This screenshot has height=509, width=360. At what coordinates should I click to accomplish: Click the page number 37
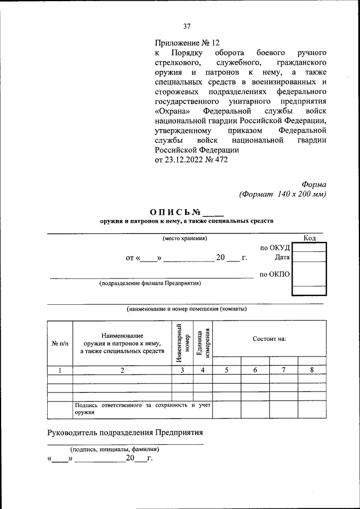pyautogui.click(x=187, y=26)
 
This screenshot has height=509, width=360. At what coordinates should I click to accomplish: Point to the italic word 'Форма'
pyautogui.click(x=313, y=184)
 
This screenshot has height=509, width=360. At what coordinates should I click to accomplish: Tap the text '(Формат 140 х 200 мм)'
pyautogui.click(x=282, y=194)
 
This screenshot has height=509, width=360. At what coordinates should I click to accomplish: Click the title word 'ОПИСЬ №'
pyautogui.click(x=176, y=212)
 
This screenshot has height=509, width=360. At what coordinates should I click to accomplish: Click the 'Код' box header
pyautogui.click(x=309, y=238)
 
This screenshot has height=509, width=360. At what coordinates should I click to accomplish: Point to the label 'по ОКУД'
pyautogui.click(x=274, y=247)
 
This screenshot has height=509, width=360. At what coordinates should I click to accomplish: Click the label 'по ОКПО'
pyautogui.click(x=274, y=274)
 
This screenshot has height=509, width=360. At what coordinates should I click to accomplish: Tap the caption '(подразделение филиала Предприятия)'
pyautogui.click(x=150, y=283)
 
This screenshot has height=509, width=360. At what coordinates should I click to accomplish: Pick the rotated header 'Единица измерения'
pyautogui.click(x=203, y=342)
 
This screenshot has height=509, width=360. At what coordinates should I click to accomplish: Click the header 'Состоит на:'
pyautogui.click(x=269, y=339)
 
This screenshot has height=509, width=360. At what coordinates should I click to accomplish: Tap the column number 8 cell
pyautogui.click(x=312, y=370)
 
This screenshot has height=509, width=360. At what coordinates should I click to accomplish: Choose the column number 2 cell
pyautogui.click(x=122, y=370)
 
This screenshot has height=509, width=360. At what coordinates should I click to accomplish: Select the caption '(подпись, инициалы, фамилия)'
pyautogui.click(x=114, y=449)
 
